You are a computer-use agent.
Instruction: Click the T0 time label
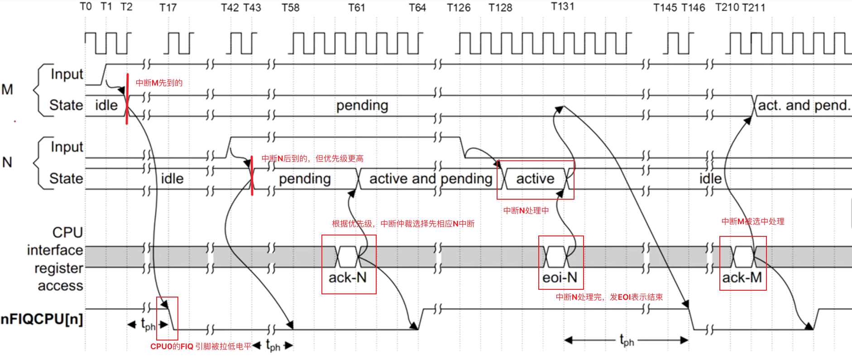coord(86,7)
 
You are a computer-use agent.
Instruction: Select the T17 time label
coord(168,8)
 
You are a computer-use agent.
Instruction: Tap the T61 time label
coord(356,8)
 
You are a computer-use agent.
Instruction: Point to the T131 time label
coord(562,7)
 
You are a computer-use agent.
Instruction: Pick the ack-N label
coord(347,278)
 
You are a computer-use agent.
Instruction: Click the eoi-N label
coord(560,278)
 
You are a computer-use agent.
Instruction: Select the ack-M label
coord(742,278)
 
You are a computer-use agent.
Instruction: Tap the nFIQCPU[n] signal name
coord(42,319)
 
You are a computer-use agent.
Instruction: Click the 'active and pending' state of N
coord(431,179)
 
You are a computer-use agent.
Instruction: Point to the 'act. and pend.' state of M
coord(804,106)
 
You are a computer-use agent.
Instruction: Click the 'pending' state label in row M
coord(362,106)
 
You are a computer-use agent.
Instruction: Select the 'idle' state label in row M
coord(106,106)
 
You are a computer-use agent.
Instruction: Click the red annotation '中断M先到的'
coord(159,83)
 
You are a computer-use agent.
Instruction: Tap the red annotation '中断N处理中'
coord(526,211)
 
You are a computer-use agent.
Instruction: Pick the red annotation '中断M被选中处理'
coord(753,221)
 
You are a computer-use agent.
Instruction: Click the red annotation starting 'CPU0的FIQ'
coord(201,346)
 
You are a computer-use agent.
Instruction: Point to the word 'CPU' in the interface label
coord(67,232)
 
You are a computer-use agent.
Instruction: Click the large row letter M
coord(7,89)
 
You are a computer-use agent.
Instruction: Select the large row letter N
coord(7,162)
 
